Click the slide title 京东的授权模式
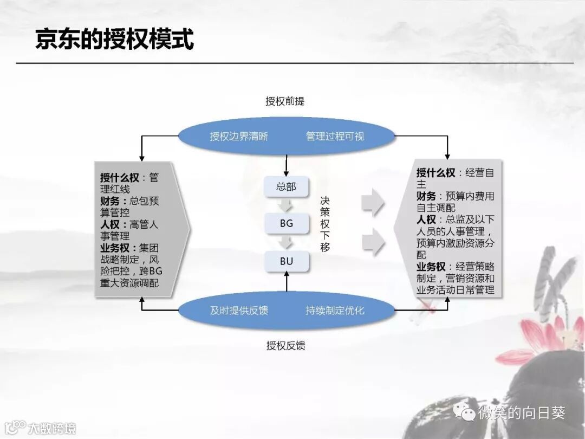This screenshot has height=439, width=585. pyautogui.click(x=114, y=39)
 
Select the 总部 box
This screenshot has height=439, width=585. pyautogui.click(x=287, y=187)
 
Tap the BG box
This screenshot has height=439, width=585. pyautogui.click(x=287, y=223)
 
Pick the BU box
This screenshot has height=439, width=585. pyautogui.click(x=287, y=261)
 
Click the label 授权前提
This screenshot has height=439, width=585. pyautogui.click(x=285, y=101)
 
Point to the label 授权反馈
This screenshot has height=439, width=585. pyautogui.click(x=285, y=346)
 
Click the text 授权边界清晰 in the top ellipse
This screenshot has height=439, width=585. pyautogui.click(x=239, y=137)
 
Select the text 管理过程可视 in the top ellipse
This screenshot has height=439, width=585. pyautogui.click(x=335, y=137)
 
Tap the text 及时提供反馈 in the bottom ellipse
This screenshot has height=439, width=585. pyautogui.click(x=239, y=311)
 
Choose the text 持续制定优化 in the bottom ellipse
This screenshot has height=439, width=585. pyautogui.click(x=335, y=311)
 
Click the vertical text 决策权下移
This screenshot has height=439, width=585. pyautogui.click(x=325, y=224)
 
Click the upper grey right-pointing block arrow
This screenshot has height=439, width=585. pyautogui.click(x=373, y=203)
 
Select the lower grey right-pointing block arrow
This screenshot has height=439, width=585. pyautogui.click(x=373, y=242)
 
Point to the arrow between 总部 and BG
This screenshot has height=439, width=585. pyautogui.click(x=287, y=205)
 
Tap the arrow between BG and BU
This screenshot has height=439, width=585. pyautogui.click(x=287, y=242)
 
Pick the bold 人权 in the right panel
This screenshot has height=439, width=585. pyautogui.click(x=426, y=219)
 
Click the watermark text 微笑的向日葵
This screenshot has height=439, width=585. pyautogui.click(x=521, y=414)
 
